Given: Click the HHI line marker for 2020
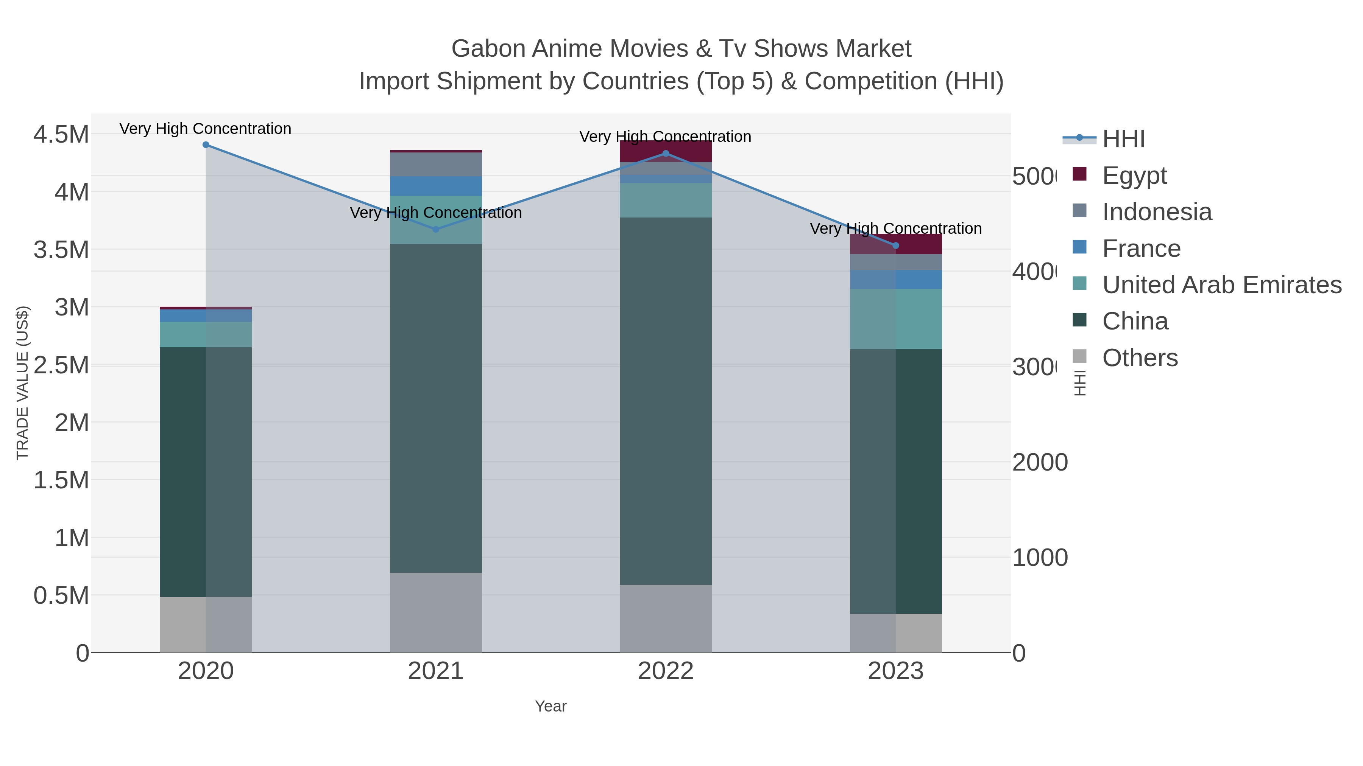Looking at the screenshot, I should tap(206, 145).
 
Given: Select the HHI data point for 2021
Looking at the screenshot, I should tap(435, 230).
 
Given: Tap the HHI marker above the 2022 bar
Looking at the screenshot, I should tap(666, 154).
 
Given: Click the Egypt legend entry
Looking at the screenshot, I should tap(1134, 176).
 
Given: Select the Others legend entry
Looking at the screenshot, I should tap(1140, 358).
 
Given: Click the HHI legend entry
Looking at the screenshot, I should tap(1123, 139).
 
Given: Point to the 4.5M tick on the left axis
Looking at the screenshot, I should tap(61, 134).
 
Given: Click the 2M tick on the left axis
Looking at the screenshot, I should tap(72, 423).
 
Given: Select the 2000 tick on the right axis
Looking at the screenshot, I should tap(1040, 463).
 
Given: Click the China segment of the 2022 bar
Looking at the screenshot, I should tap(666, 402).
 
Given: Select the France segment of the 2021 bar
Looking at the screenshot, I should tap(435, 186).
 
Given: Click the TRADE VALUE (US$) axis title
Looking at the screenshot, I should tap(22, 383).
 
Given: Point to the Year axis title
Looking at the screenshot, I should tap(550, 706).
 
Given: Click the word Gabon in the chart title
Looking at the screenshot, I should tap(488, 49).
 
